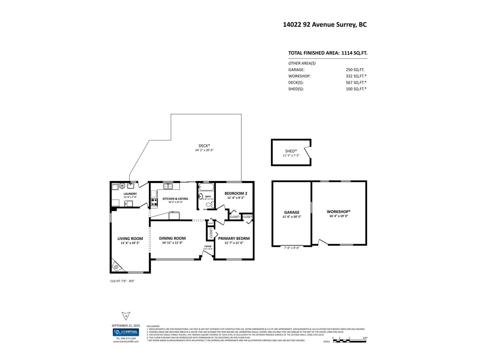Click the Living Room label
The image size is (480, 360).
130,239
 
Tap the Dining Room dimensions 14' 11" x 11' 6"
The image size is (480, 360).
172,243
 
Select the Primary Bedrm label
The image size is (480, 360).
234,239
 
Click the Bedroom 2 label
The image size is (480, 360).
236,193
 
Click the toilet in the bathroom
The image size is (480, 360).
208,205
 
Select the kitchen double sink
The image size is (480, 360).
168,186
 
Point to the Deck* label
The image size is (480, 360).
204,146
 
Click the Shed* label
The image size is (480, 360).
291,151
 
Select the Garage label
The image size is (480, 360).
292,212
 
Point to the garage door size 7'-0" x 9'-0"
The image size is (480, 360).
292,248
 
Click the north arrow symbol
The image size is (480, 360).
126,316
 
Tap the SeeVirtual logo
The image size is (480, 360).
126,332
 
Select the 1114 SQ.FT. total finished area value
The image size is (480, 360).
354,53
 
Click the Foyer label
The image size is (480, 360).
208,246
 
